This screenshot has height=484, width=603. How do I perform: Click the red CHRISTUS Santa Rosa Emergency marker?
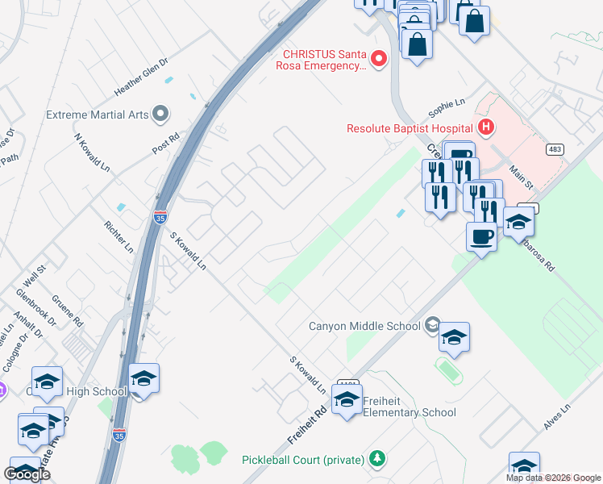tap(377, 58)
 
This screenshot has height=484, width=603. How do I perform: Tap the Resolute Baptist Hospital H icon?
tap(485, 127)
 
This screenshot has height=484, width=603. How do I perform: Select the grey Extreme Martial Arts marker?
tap(160, 114)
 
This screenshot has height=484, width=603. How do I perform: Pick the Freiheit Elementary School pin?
tap(347, 400)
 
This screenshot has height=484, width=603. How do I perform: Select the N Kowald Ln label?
tap(92, 152)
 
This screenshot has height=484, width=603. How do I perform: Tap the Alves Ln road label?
tap(556, 417)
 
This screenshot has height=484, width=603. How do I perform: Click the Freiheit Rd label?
tap(308, 423)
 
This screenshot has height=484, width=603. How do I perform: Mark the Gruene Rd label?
tap(73, 309)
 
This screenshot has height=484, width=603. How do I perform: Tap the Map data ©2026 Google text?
tap(553, 478)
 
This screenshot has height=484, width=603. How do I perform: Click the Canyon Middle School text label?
tap(364, 326)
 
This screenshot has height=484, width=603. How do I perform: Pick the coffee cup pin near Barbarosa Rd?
tap(481, 238)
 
